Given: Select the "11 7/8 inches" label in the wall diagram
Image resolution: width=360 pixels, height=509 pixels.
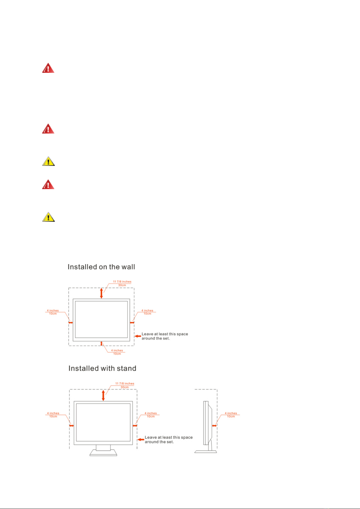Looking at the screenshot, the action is [x=122, y=282].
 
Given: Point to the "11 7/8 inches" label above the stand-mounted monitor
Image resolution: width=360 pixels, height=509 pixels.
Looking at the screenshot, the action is [x=125, y=383].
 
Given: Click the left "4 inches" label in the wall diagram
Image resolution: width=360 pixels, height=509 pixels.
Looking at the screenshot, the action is [x=53, y=311].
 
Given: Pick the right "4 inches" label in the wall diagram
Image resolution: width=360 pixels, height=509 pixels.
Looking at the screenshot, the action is [x=147, y=311].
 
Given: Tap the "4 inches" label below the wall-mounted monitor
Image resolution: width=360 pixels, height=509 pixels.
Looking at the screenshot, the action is [x=117, y=350].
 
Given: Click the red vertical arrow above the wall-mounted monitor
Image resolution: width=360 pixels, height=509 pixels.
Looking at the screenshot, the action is [x=101, y=293].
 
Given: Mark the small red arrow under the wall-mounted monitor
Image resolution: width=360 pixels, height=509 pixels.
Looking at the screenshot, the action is [x=101, y=343].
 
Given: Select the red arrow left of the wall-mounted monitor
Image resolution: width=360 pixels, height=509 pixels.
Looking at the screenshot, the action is [x=71, y=322].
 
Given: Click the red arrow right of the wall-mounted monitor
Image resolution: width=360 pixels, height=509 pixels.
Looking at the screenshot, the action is [x=132, y=322].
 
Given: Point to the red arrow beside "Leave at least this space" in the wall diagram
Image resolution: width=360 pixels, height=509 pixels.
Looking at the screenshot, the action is [x=138, y=336].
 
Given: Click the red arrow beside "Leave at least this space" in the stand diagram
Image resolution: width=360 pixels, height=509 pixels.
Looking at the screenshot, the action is [x=141, y=439].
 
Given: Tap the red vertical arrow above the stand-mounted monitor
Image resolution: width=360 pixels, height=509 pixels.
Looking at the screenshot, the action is [x=103, y=395].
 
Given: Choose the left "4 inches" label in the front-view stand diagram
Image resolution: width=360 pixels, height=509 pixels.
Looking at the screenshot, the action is [x=53, y=413].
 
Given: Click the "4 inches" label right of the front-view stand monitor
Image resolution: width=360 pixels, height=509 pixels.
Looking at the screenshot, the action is [x=151, y=413].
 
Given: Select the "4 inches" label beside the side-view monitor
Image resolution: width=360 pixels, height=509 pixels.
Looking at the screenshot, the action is [x=231, y=413].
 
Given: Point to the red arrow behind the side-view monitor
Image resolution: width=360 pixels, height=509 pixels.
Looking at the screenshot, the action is [x=214, y=426].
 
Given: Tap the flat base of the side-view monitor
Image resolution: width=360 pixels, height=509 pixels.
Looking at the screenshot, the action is [x=206, y=452].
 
